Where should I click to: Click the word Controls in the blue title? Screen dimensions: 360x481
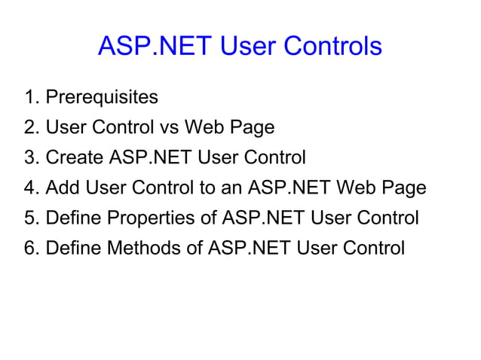tap(332, 47)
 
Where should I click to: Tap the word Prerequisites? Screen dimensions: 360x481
tap(102, 98)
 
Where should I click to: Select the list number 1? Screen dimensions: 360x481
tap(29, 98)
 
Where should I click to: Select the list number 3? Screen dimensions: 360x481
tap(29, 158)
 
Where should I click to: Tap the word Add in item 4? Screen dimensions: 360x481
tap(63, 188)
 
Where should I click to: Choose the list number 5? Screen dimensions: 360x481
tap(29, 218)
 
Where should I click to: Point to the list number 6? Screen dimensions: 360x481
tap(29, 248)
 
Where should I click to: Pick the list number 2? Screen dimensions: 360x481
tap(29, 128)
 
